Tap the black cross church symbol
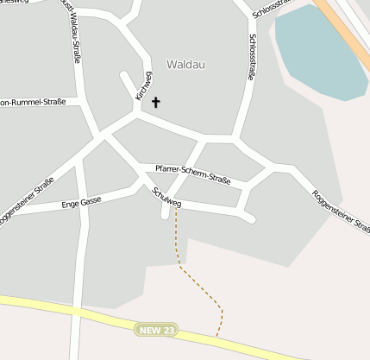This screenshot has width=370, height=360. [156, 103]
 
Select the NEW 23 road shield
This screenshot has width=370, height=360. [156, 330]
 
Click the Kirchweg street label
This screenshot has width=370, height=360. [144, 86]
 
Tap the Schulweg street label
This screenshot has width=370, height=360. [166, 198]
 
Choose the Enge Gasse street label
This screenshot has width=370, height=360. [81, 203]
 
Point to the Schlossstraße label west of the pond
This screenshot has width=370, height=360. [252, 57]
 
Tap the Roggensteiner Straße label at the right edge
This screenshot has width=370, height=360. [341, 211]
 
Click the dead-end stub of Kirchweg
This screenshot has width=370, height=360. [123, 75]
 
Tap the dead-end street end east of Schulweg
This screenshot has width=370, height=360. [251, 219]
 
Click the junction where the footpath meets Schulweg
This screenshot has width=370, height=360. [177, 206]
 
